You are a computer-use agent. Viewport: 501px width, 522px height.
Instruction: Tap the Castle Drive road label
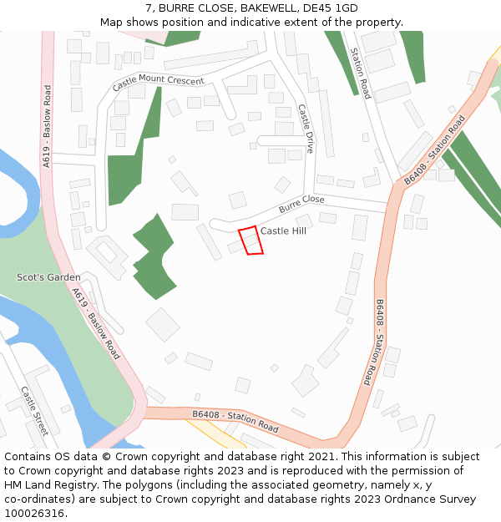point(305,128)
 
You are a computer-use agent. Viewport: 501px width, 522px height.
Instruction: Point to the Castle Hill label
point(283,231)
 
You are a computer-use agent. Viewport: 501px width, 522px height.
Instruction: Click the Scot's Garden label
point(48,277)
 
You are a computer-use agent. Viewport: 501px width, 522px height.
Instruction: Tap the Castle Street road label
point(35,411)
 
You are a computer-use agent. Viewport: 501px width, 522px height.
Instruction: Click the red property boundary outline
point(250,241)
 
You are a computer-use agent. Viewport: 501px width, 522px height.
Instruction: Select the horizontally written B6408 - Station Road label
point(235,421)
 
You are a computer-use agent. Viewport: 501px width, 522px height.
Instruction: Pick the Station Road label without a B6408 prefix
point(360,73)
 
